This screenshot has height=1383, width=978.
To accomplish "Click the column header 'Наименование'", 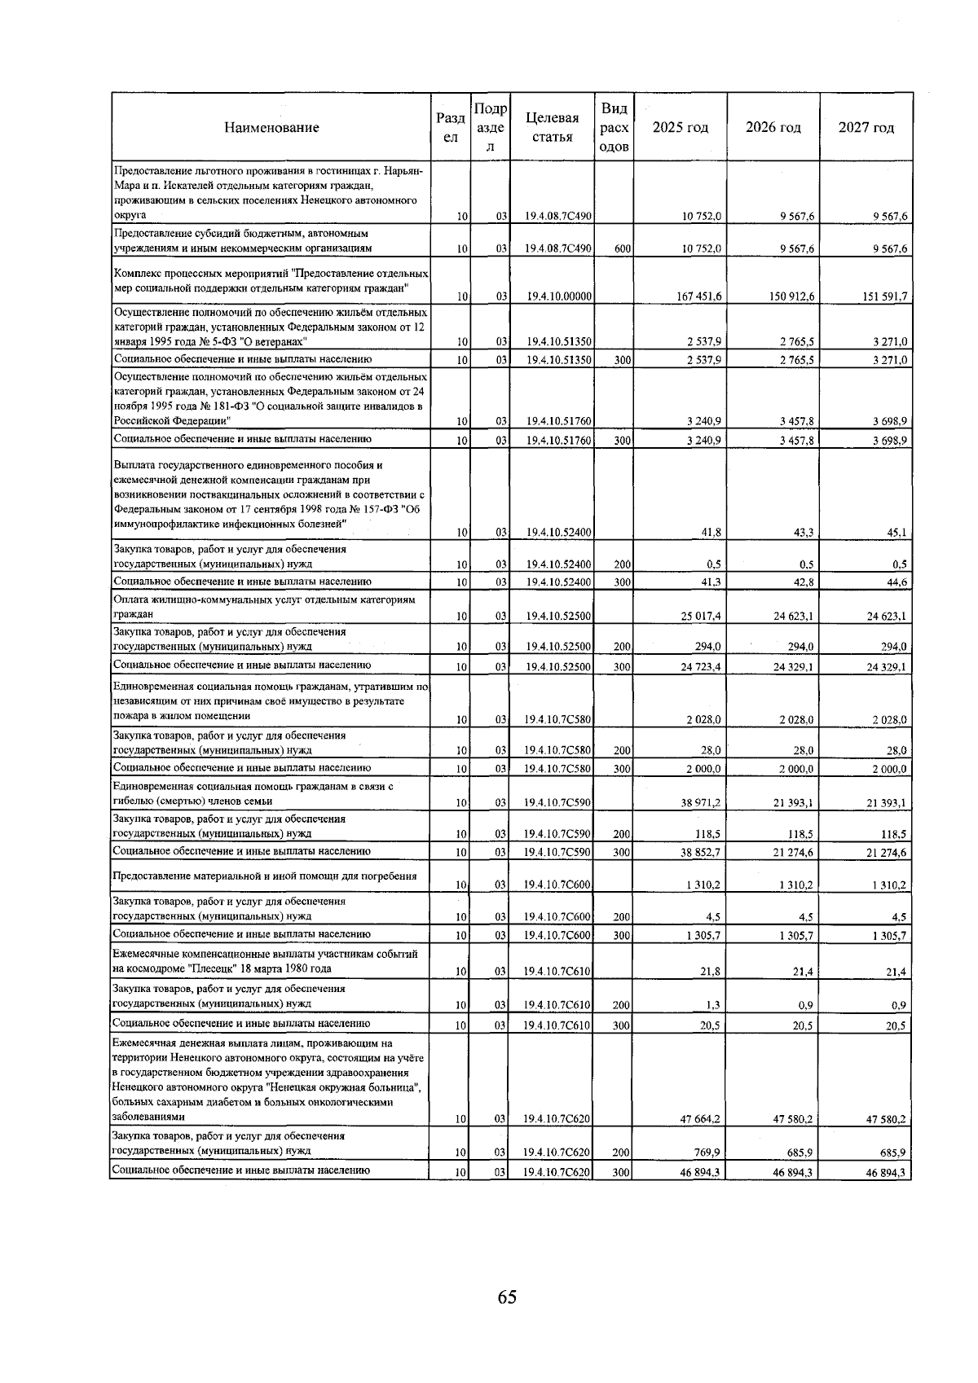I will click(271, 127).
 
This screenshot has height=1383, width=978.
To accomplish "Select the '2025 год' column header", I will click(681, 127).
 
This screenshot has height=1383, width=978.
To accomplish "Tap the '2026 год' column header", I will click(773, 127).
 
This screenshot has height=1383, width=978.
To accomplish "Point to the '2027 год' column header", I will click(866, 127).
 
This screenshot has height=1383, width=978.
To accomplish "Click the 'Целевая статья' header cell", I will click(553, 127).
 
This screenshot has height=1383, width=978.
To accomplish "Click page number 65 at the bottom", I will click(507, 1297).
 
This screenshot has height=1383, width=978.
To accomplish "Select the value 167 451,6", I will click(699, 296).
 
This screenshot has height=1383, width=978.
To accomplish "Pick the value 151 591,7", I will click(884, 296).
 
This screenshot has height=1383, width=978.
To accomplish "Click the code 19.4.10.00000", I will click(558, 296).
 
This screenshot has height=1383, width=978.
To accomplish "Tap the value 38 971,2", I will click(701, 802).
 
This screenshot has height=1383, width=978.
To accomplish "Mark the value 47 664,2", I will click(701, 1119).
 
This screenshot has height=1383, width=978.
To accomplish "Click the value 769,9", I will click(706, 1152).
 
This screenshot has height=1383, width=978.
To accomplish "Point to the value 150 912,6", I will click(792, 296).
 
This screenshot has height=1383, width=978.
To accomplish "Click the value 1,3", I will click(713, 1004).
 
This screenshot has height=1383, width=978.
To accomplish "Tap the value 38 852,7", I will click(701, 852).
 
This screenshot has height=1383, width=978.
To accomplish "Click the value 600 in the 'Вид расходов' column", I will click(621, 248).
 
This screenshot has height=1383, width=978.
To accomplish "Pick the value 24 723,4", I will click(701, 666).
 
